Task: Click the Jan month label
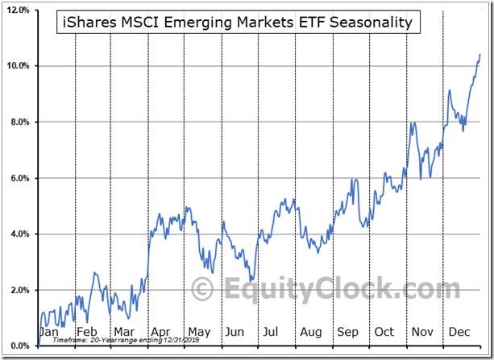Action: pos(49,332)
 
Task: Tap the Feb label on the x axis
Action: pos(86,332)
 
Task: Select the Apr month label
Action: pos(161,332)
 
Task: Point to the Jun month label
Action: pos(235,332)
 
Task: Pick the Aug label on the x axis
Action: pos(310,332)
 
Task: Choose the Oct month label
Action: pos(384,332)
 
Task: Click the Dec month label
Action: pos(460,332)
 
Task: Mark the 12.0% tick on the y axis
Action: pos(18,10)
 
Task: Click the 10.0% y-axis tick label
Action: pos(18,66)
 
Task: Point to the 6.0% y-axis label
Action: pos(19,178)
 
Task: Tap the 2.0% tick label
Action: pos(19,290)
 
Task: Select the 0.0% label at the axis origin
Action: pos(19,346)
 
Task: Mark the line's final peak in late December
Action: pos(480,55)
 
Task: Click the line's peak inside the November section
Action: pos(413,122)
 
